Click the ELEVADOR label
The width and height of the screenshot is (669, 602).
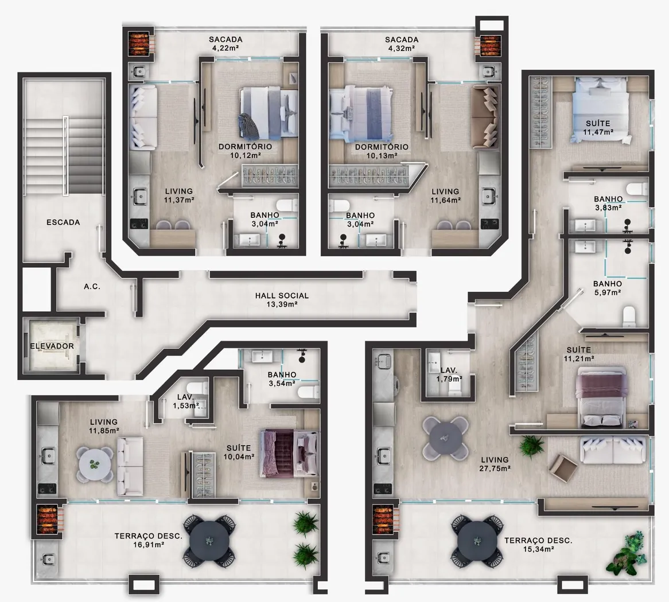coord(52,346)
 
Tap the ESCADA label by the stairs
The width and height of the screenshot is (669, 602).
coord(63,222)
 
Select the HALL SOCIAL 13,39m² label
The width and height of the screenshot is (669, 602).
coord(282,300)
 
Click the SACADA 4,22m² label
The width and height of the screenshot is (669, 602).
coord(225,44)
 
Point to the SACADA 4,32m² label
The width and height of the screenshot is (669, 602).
coord(402,44)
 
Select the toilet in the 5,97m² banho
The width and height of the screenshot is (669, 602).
coord(629,316)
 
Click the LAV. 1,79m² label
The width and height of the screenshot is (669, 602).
coord(449,374)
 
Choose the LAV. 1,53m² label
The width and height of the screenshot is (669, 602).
coord(185,401)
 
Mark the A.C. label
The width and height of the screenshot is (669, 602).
coord(92,287)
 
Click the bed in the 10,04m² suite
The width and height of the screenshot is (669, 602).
coord(290,453)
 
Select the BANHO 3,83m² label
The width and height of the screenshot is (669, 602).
coord(608,204)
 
